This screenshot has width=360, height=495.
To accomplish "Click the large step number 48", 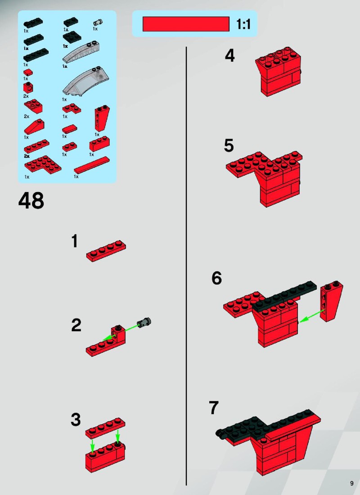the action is (31, 200).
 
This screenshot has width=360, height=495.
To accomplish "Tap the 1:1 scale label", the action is (243, 24).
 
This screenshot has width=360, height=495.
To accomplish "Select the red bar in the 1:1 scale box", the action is (186, 24).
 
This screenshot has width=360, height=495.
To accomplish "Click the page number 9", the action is (352, 483).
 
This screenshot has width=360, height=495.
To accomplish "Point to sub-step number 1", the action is (75, 241).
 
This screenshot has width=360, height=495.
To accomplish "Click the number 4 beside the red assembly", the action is (230, 55).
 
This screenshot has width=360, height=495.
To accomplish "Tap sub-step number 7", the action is (214, 408).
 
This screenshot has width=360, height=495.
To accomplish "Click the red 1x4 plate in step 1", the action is (106, 251).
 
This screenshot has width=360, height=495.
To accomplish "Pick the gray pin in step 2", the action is (144, 323).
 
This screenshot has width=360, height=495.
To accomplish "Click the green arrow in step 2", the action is (121, 332).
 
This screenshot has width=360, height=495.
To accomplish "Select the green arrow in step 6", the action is (311, 316).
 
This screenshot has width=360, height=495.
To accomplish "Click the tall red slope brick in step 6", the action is (332, 301).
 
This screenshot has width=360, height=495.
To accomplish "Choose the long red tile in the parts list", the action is (92, 165).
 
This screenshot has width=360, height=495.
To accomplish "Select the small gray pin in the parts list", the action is (98, 22).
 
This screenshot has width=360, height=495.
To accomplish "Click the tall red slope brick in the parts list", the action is (102, 118).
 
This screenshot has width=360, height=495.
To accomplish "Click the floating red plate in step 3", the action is (105, 427).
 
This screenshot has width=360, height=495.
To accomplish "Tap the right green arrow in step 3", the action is (118, 437).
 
